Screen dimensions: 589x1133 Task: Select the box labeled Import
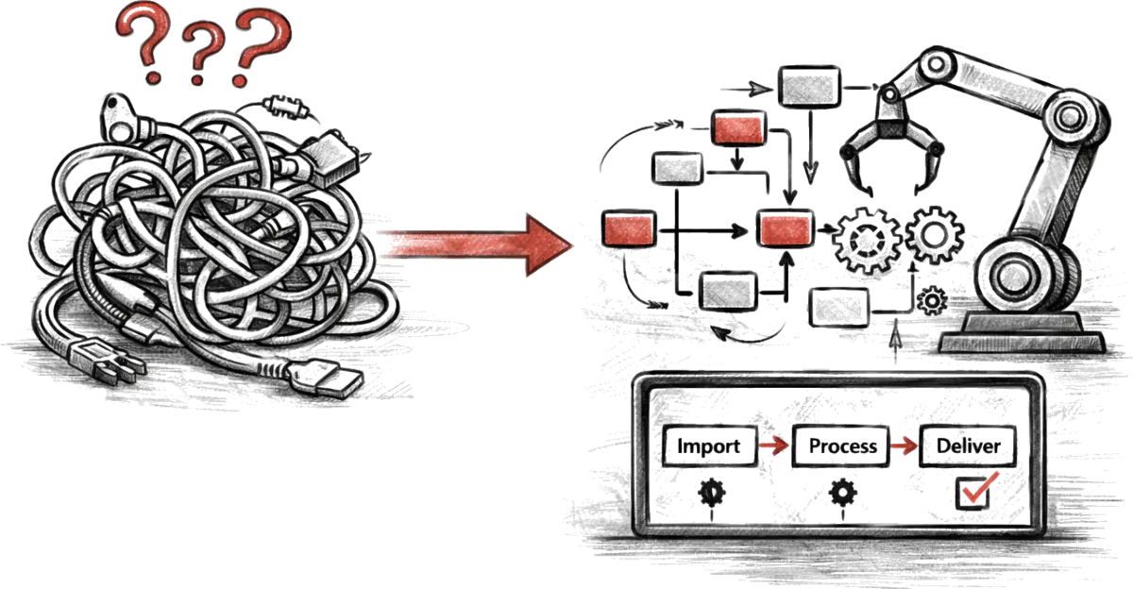[x=710, y=446]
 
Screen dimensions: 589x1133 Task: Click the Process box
[x=841, y=446]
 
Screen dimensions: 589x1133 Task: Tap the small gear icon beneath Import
[x=710, y=491]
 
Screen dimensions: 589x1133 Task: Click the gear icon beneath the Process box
[x=840, y=491]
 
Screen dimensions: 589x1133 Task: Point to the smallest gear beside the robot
[x=932, y=300]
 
